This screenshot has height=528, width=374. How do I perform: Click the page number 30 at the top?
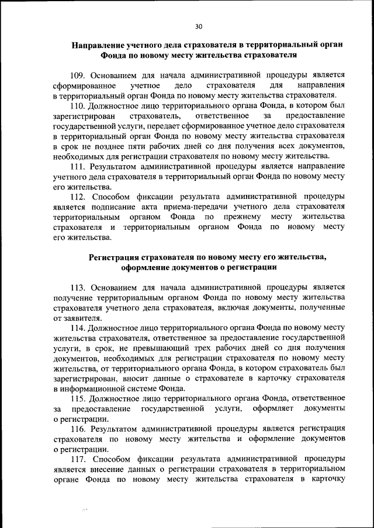[199, 26]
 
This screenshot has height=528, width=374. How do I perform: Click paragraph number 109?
[78, 75]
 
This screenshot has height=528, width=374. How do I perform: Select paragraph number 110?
[78, 106]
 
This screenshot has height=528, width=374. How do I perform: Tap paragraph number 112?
[78, 197]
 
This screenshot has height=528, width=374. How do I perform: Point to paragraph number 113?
[78, 288]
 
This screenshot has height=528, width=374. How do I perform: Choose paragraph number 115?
[78, 399]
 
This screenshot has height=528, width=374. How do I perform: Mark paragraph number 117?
[78, 460]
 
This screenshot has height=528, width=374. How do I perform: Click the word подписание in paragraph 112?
[110, 207]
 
